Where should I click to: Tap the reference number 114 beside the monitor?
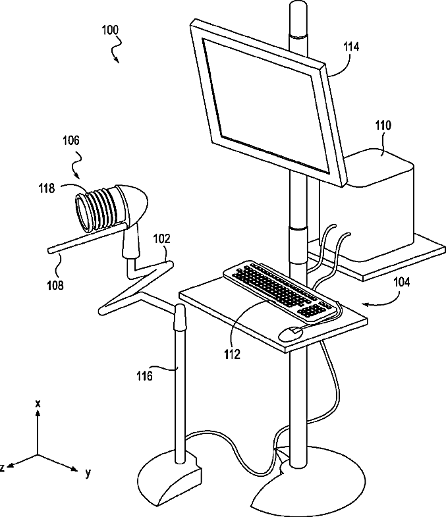coord(352,47)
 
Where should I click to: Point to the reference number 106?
coord(71,140)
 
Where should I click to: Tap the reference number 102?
coord(161,239)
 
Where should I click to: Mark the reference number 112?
coord(232,353)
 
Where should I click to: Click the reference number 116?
coord(145,376)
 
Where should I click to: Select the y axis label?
coord(87,472)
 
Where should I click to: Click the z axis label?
coord(3,467)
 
